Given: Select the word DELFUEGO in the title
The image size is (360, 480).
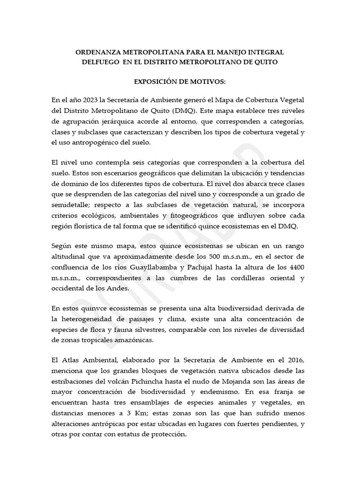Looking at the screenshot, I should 94,62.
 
